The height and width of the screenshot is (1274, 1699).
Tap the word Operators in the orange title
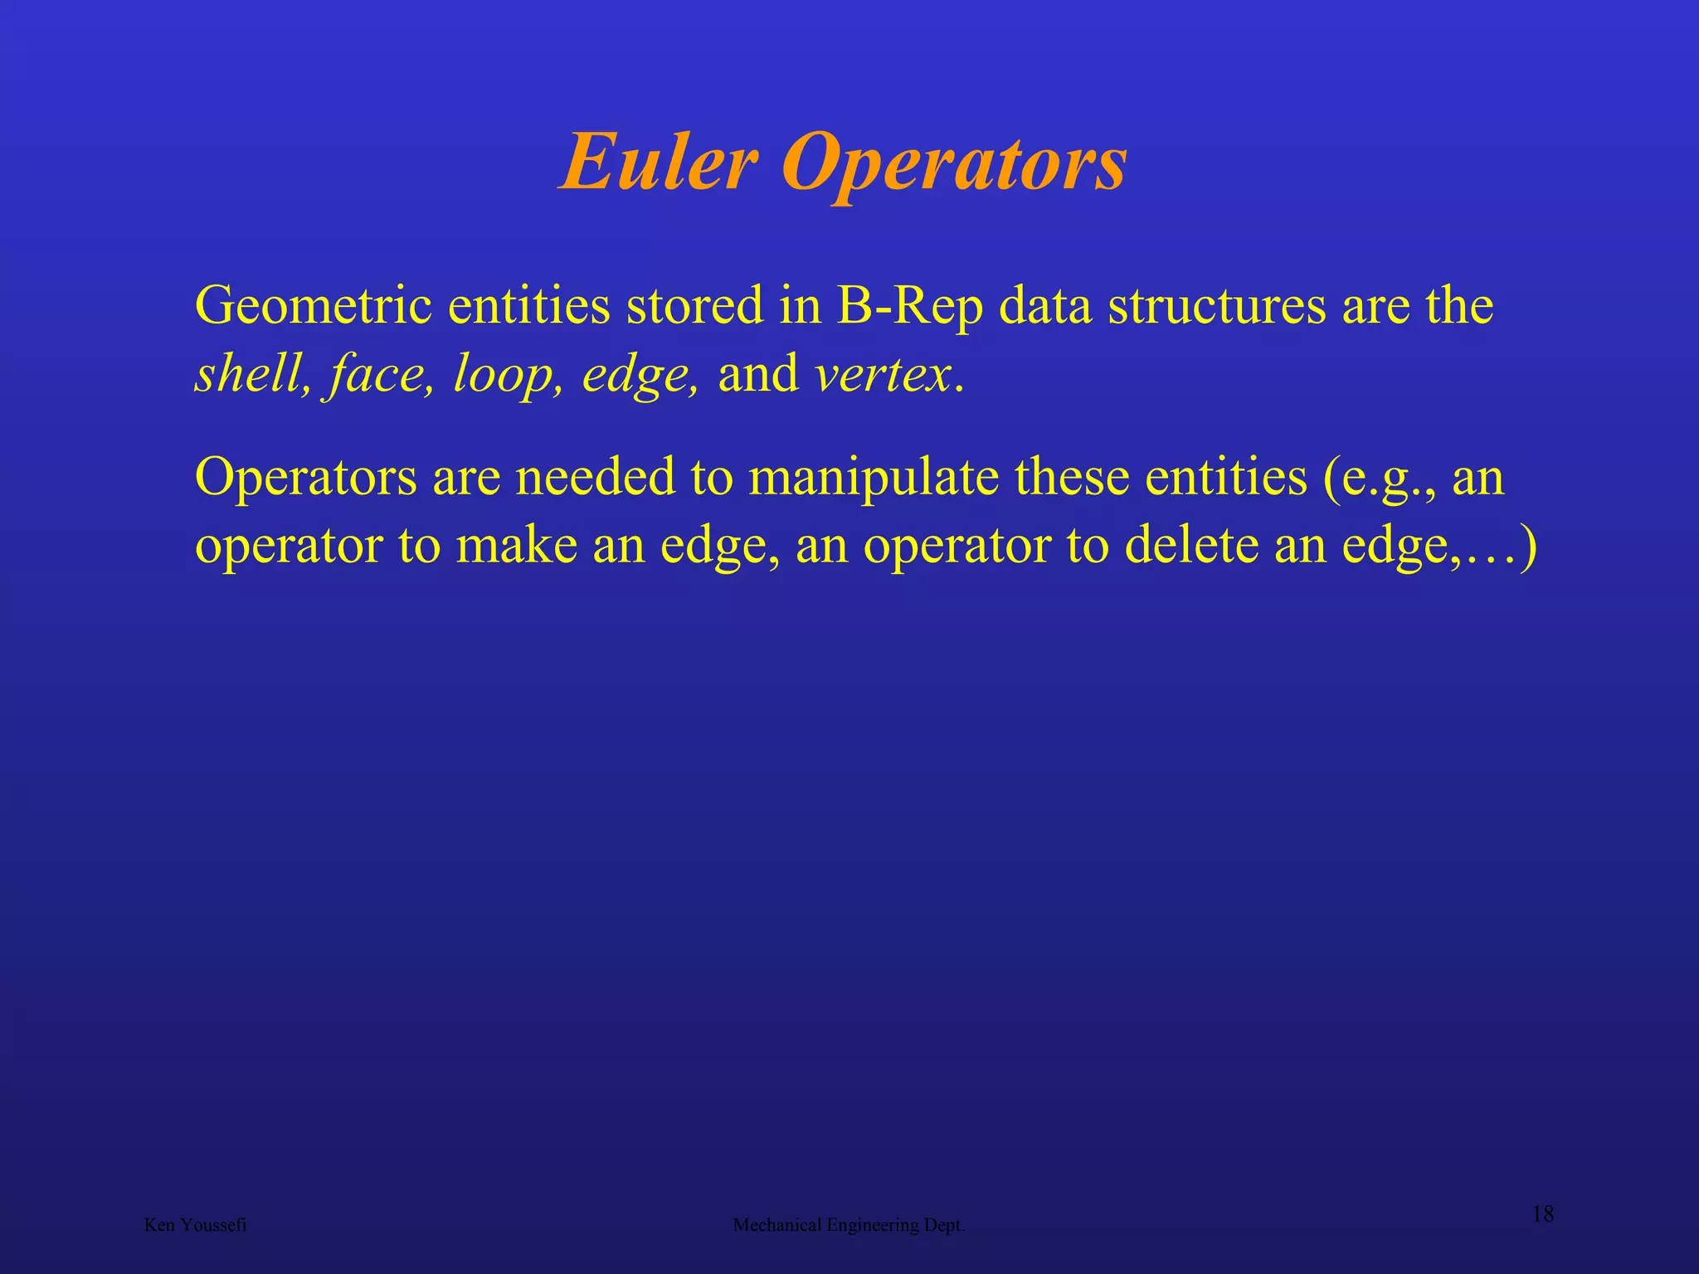953,164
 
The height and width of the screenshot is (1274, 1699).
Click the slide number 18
1542,1215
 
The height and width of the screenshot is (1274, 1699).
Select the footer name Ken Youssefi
195,1225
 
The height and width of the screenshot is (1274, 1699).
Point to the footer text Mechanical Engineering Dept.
849,1225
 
